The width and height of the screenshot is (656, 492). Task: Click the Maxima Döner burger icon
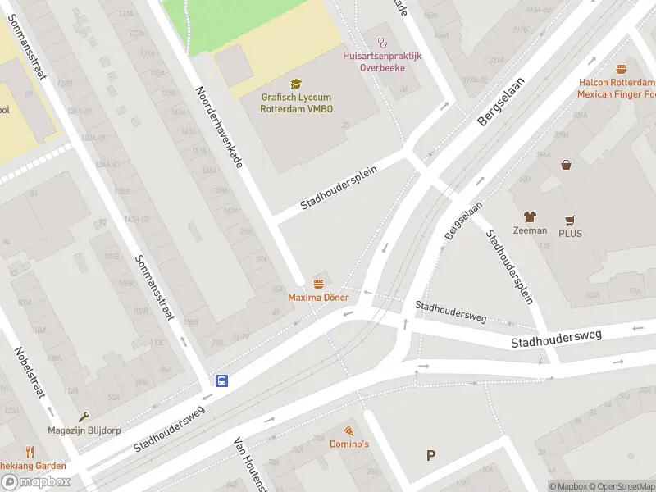[x=318, y=283]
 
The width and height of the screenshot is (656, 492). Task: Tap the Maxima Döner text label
[x=318, y=297]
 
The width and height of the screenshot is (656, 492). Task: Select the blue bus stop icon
[x=221, y=380]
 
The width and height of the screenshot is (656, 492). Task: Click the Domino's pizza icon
[x=348, y=430]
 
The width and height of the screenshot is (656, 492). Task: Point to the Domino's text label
[x=348, y=444]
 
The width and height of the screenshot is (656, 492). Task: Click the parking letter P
[x=430, y=456]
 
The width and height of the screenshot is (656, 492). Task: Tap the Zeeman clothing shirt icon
[x=530, y=216]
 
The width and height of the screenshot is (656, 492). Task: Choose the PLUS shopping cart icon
[x=570, y=221]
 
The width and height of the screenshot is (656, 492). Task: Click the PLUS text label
[x=570, y=232]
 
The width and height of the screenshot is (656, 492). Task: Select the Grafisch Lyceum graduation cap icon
[x=296, y=84]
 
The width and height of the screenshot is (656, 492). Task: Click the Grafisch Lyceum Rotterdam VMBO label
[x=297, y=102]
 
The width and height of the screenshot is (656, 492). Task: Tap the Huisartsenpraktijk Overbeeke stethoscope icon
[x=381, y=42]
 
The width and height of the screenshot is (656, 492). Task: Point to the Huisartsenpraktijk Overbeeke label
[x=381, y=61]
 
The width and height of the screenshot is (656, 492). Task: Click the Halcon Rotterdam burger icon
[x=621, y=70]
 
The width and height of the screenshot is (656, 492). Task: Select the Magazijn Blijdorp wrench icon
[x=84, y=417]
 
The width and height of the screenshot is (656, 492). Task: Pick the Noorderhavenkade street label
[x=219, y=127]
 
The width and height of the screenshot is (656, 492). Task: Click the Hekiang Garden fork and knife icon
[x=30, y=452]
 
